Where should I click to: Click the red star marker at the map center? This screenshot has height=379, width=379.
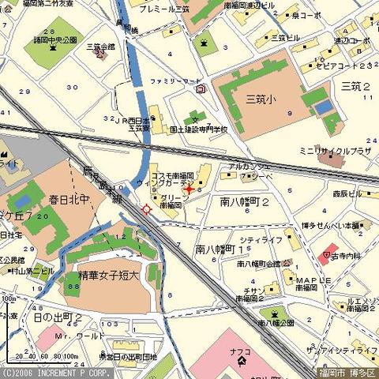(189, 189)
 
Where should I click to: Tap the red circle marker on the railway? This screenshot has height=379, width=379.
(147, 208)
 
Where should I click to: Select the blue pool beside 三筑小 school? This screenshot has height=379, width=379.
(323, 107)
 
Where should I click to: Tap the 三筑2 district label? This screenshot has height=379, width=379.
(355, 84)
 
